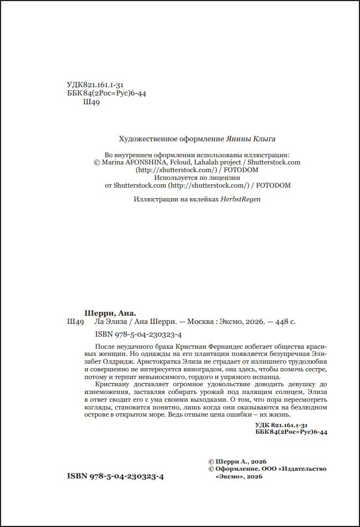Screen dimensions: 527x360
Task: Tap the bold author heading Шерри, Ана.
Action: coord(105,312)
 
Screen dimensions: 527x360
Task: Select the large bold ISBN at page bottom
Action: coord(115,475)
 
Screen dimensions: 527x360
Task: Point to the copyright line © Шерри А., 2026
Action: coord(237,460)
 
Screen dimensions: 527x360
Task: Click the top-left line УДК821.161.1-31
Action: coord(94,84)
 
